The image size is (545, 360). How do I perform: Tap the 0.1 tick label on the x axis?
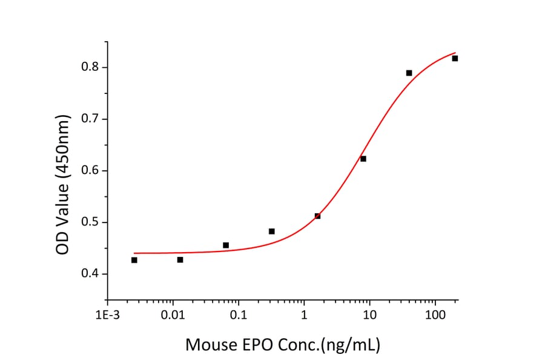239,315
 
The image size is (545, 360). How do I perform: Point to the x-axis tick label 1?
304,315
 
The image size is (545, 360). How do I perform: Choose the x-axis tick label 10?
369,315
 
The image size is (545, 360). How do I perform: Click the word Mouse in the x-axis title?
212,345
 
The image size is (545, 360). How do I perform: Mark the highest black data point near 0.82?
455,58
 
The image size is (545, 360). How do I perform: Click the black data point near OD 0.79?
409,73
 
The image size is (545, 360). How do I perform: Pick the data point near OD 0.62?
363,159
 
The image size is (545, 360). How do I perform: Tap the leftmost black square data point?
134,260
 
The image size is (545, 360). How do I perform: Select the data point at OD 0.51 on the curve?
317,216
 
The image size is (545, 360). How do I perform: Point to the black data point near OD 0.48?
271,231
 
